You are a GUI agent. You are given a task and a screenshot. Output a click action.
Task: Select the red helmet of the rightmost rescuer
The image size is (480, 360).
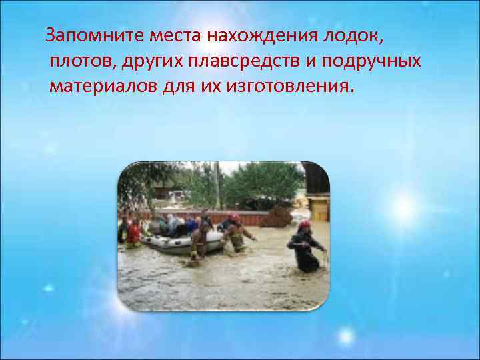304,225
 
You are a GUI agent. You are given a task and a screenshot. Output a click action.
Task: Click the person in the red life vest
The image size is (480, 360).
134,233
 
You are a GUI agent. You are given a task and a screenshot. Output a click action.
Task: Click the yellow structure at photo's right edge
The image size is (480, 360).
319,207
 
